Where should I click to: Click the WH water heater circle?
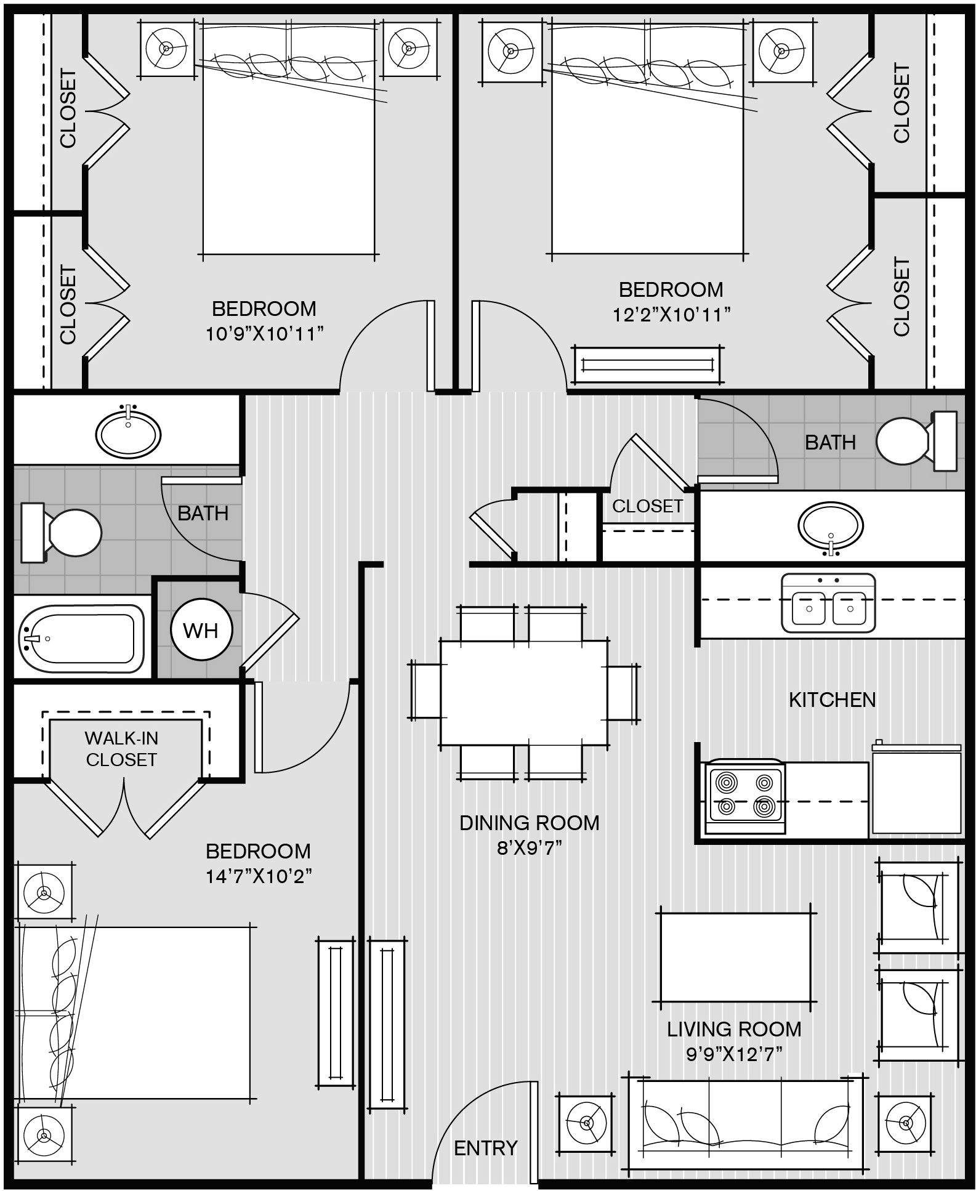[x=201, y=631]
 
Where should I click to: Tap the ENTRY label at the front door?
[x=485, y=1148]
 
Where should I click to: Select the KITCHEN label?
[x=832, y=700]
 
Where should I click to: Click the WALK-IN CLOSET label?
[x=121, y=749]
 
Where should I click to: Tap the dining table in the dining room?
[x=524, y=693]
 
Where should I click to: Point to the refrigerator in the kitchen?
[x=916, y=790]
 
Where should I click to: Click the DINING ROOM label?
[x=529, y=823]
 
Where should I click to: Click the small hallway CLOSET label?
[x=647, y=506]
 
